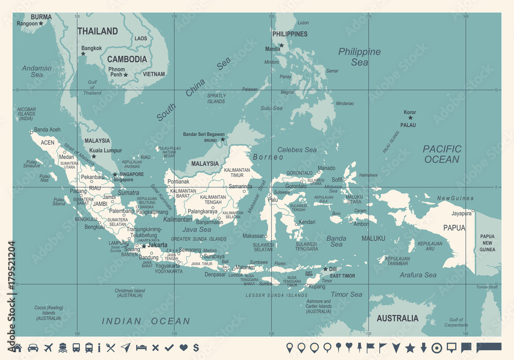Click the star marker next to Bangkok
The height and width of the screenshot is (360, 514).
pos(83,53)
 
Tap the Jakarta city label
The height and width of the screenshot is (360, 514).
pos(157,245)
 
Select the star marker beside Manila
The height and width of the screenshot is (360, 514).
pos(282,45)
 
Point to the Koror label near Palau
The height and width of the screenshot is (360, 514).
pos(410,112)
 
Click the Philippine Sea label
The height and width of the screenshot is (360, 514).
pos(359,57)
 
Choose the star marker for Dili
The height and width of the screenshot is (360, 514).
pos(325,268)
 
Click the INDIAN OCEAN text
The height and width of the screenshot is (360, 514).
pos(145,321)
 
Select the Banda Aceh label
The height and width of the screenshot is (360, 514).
pos(47,130)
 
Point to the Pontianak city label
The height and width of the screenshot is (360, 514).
pos(178,182)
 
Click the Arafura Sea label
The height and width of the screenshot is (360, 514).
pos(418,275)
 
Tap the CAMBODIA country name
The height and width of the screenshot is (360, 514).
pos(127,59)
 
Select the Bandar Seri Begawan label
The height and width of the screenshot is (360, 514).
pos(204,134)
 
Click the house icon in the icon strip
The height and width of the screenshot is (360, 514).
pos(17,348)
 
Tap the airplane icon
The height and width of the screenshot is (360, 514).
pos(49,348)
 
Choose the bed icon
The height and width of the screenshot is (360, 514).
pos(141,348)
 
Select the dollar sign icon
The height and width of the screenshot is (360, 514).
pos(196,348)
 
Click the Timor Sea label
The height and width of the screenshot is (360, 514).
pos(346,295)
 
